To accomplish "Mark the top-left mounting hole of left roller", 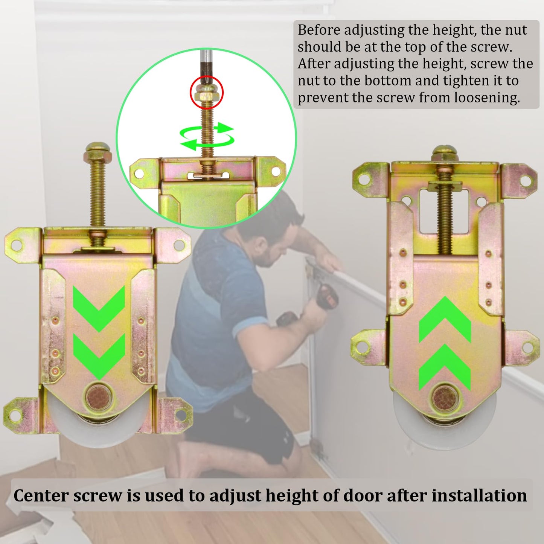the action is point(16,245).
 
